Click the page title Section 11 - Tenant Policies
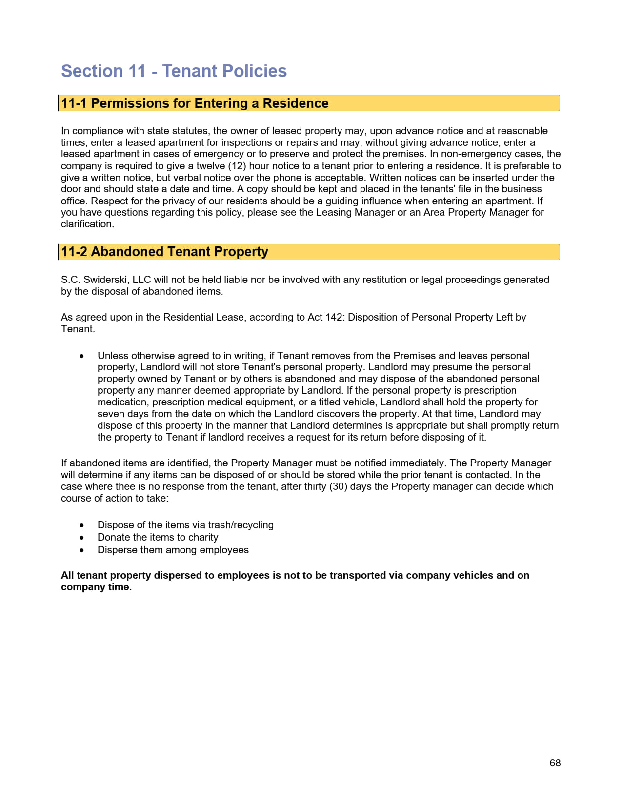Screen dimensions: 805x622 174,71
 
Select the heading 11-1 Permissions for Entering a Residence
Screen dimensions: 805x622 195,103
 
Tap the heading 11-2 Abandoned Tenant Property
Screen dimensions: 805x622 164,252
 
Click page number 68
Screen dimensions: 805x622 555,763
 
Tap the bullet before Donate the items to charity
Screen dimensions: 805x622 82,538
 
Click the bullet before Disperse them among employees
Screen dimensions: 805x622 82,550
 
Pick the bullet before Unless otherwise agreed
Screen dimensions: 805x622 82,356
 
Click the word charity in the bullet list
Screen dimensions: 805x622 203,537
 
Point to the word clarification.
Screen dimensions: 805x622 87,224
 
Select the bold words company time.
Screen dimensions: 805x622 96,587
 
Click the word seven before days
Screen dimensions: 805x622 111,414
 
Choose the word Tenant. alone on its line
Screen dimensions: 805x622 78,329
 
